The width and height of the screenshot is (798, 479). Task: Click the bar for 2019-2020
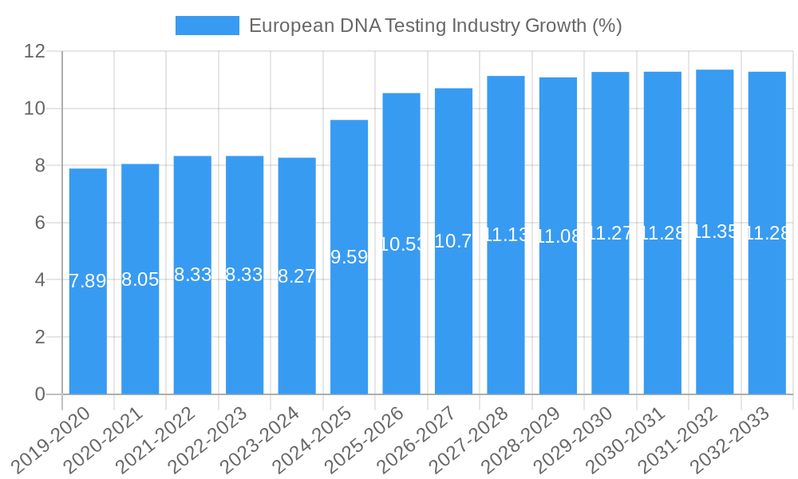click(88, 319)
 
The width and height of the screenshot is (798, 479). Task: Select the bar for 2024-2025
click(349, 319)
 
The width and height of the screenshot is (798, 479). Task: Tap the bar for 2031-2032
click(714, 319)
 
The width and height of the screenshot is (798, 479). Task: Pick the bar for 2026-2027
click(453, 319)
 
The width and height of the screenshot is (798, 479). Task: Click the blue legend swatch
click(207, 26)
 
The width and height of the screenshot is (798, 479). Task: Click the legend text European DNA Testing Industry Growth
click(435, 26)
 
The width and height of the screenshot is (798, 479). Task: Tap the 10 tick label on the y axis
click(34, 109)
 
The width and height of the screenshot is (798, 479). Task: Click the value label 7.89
click(88, 281)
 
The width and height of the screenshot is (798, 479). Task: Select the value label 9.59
click(349, 257)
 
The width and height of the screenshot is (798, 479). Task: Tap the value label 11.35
click(714, 232)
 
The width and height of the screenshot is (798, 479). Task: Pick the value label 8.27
click(297, 276)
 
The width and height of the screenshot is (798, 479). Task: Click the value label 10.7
click(453, 241)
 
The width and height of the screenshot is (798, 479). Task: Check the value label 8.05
click(140, 279)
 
